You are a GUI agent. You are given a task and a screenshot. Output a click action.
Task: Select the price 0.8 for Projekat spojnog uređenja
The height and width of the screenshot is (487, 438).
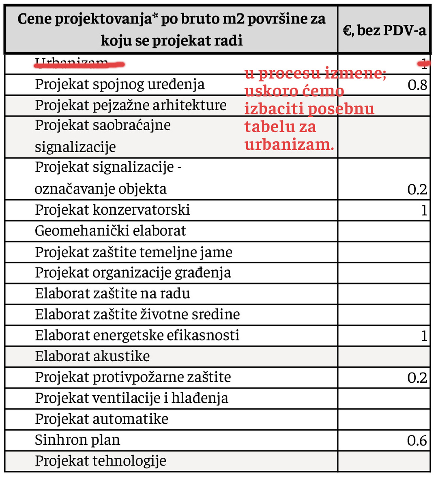[417, 85]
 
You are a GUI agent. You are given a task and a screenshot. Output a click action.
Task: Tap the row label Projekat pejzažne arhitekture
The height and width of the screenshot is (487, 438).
[131, 105]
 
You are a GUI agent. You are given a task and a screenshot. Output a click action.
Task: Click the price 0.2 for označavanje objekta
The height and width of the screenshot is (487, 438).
[417, 190]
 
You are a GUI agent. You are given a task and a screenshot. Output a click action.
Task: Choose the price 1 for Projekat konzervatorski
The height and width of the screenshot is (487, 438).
[424, 210]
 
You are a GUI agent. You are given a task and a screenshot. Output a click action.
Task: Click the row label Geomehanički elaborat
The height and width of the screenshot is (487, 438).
[110, 231]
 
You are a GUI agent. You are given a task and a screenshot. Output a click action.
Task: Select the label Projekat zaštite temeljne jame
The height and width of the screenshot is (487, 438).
[133, 252]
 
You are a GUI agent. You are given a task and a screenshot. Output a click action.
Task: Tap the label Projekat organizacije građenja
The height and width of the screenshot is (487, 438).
[133, 273]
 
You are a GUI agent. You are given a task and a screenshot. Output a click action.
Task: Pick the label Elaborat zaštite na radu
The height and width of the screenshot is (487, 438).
[112, 293]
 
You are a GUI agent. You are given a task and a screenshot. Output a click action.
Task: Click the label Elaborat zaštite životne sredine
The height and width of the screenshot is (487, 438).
[137, 315]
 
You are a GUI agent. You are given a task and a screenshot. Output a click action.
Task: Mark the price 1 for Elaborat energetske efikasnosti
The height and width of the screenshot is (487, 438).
[424, 336]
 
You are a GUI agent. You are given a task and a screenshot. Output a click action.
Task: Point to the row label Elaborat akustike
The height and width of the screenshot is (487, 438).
[92, 356]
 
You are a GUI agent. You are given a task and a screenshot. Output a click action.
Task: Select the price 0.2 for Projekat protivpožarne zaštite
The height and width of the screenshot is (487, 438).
[417, 378]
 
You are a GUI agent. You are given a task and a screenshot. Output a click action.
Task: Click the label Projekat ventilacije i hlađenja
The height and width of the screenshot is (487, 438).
[131, 398]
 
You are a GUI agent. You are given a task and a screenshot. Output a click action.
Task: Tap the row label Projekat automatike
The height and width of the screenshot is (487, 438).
[101, 419]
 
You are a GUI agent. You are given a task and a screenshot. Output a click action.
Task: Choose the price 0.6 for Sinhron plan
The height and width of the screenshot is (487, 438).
[417, 441]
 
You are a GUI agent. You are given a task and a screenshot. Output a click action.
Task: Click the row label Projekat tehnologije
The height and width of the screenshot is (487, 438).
[100, 461]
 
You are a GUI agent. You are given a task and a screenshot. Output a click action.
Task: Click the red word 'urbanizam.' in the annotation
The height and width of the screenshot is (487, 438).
[289, 145]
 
